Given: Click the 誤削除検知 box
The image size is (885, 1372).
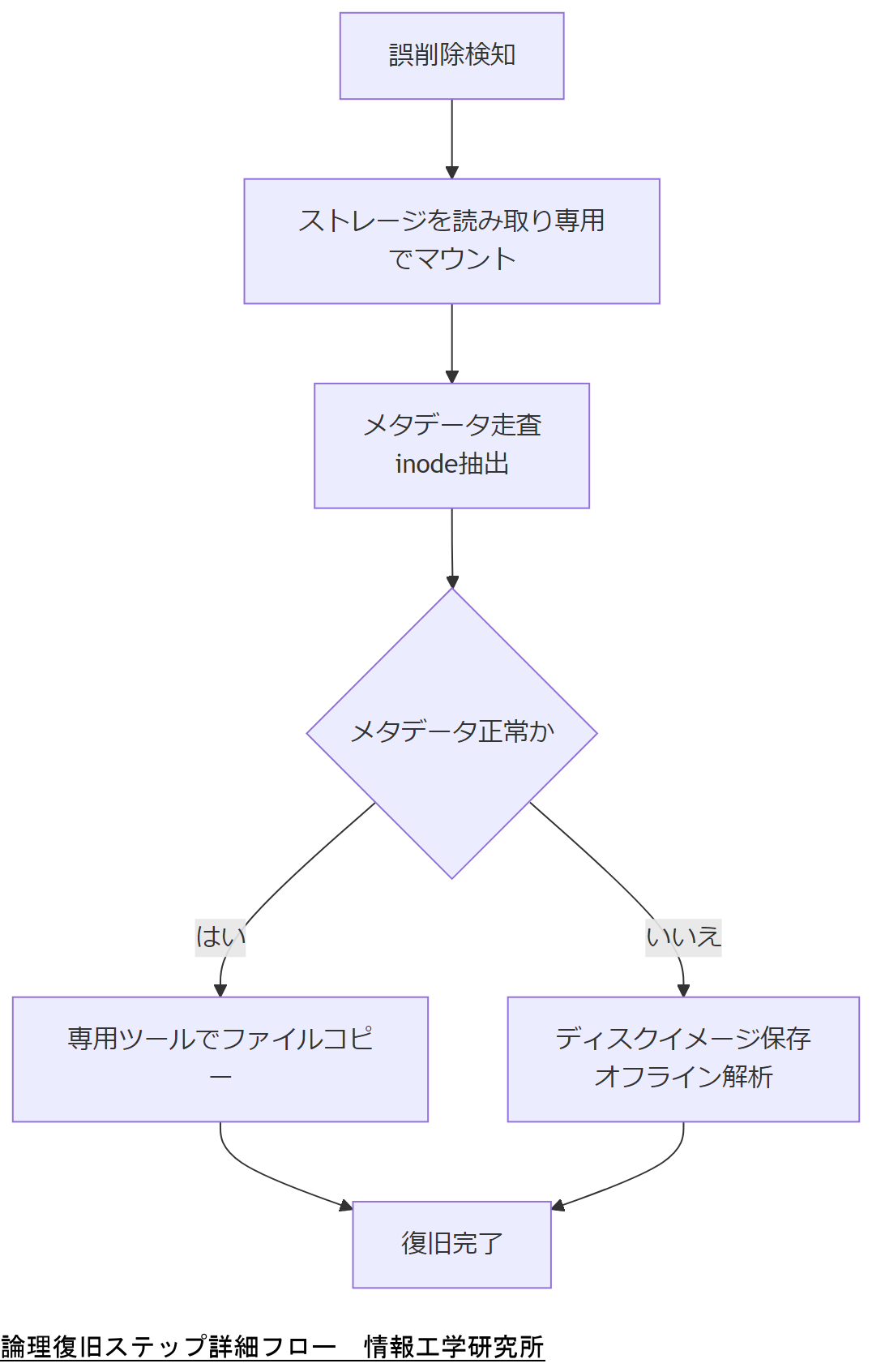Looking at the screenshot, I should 451,56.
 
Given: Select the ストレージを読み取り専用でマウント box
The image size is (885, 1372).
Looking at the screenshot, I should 451,241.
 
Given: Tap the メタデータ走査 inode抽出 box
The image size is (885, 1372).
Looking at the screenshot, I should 451,445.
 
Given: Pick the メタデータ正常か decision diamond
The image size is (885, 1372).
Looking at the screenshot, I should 451,732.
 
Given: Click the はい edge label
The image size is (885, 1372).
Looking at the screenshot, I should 220,937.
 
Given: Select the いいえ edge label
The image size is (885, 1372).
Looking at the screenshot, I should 683,937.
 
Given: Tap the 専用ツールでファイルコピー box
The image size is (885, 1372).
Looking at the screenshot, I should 220,1058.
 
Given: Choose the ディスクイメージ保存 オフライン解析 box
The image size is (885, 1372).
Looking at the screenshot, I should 683,1058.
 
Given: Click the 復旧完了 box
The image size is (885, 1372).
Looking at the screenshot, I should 451,1244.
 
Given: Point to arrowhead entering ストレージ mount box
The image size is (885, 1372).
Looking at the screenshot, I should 451,173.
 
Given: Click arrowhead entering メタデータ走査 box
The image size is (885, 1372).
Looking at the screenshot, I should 451,377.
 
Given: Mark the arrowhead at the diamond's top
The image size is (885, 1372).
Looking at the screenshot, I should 452,582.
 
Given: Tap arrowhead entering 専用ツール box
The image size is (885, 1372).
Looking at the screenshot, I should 220,990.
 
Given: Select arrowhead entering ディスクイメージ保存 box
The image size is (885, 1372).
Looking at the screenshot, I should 683,990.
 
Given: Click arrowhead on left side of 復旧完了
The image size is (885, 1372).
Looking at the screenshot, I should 346,1207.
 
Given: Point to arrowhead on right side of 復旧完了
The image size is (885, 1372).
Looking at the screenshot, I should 558,1207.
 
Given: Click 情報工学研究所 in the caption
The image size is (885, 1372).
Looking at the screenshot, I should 454,1347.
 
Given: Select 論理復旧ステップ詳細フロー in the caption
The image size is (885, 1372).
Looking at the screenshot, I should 169,1347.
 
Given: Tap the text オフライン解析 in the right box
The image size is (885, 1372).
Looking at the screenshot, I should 683,1078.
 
